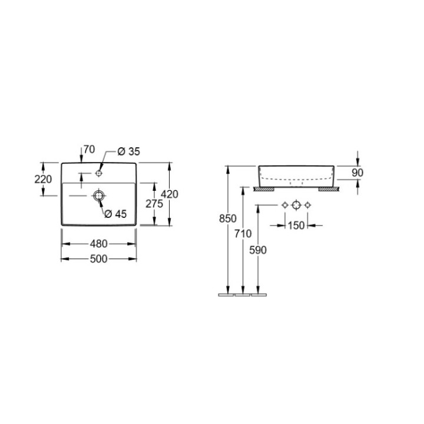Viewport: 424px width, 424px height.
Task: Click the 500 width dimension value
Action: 99,259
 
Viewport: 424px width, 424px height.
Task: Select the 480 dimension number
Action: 99,244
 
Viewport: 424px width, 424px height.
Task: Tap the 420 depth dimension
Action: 170,194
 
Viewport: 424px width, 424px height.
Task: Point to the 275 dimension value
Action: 154,204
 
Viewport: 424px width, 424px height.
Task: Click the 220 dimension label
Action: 43,179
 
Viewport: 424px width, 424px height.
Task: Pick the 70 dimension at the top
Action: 90,149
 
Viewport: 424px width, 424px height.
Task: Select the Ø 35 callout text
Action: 129,152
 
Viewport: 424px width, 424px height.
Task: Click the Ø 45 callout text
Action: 115,214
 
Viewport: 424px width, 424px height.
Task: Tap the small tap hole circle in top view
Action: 99,173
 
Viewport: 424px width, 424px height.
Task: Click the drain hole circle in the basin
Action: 99,196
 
